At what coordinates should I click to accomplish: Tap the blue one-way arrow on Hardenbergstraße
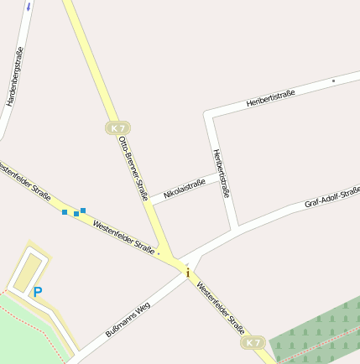tap(29, 6)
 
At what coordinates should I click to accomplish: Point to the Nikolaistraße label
tap(185, 189)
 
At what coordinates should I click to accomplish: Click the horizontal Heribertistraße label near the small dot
tap(270, 99)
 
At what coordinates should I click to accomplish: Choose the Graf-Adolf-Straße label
tap(331, 198)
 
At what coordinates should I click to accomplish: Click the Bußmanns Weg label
tap(127, 319)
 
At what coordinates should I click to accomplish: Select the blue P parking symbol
tap(37, 292)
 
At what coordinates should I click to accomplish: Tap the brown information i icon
tap(187, 273)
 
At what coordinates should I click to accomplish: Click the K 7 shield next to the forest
tap(253, 342)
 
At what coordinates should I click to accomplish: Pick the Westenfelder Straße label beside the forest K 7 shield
tap(222, 309)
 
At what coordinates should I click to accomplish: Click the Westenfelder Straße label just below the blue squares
tap(123, 237)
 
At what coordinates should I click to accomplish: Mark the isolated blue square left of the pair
tap(65, 212)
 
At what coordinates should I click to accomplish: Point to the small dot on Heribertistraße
tap(333, 81)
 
